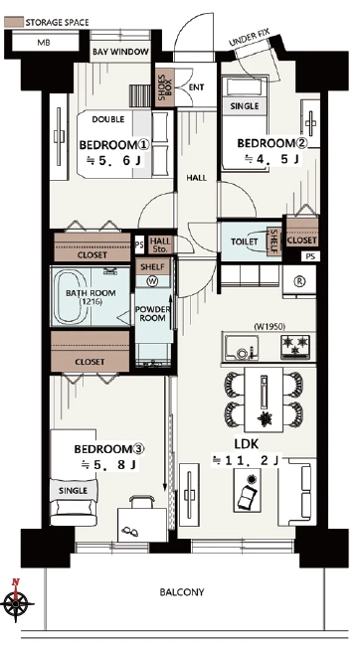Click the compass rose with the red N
16,603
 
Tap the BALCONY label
181,592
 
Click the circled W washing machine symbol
152,281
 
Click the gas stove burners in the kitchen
295,344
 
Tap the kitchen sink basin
241,348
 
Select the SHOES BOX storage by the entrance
164,87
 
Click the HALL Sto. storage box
160,244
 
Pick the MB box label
43,42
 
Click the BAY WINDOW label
120,52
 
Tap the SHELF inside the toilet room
273,241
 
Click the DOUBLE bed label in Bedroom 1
108,119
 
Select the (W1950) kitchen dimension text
270,327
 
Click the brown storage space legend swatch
13,22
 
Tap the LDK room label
246,444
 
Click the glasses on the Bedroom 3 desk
130,533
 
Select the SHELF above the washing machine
152,267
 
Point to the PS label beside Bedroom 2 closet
310,255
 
